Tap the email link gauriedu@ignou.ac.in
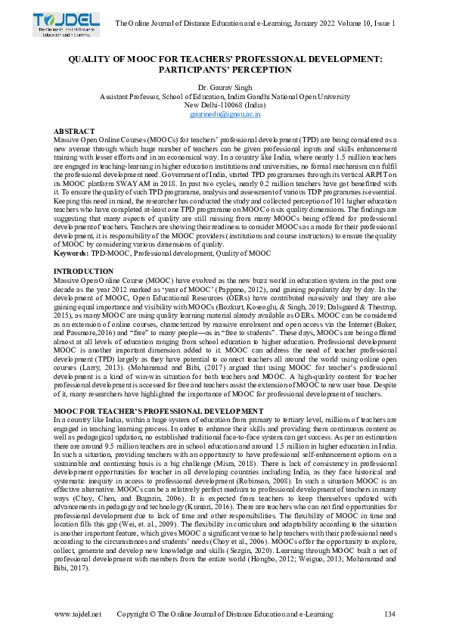pos(225,113)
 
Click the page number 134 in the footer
pos(390,614)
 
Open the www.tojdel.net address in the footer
pos(77,614)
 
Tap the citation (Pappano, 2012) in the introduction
pos(282,289)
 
